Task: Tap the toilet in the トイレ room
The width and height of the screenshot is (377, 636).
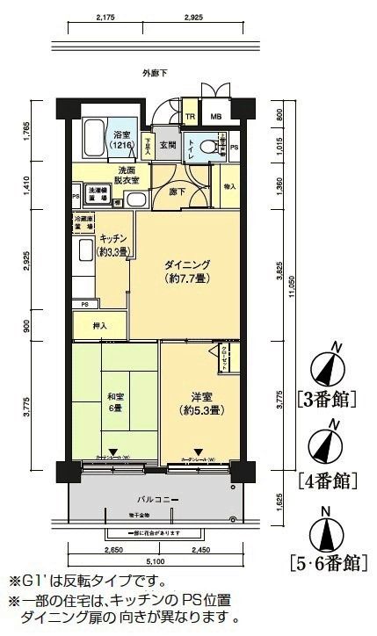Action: tap(205, 148)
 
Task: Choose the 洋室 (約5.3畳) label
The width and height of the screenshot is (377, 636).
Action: tap(200, 403)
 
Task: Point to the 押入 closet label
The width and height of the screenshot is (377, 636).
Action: tap(100, 326)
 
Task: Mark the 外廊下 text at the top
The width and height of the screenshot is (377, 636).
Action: tap(153, 73)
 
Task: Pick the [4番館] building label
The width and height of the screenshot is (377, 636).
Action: tap(327, 480)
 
